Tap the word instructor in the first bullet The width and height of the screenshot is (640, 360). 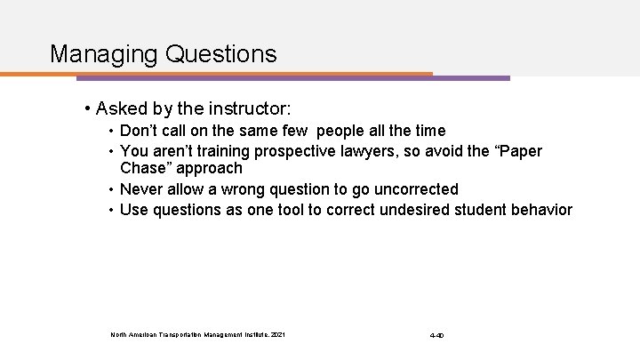coord(248,109)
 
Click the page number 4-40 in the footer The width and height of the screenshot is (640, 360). coord(436,335)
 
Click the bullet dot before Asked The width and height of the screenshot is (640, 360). coord(86,110)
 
